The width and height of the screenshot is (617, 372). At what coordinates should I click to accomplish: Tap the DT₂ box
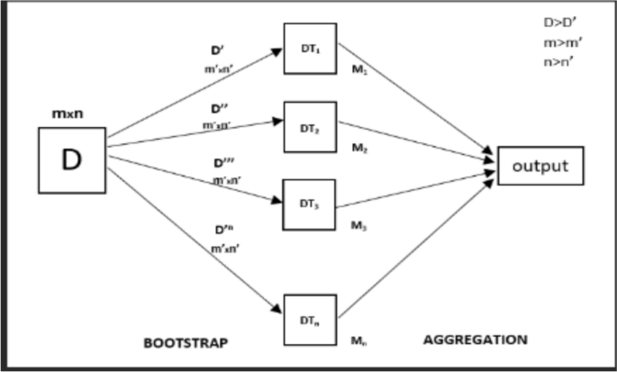309,128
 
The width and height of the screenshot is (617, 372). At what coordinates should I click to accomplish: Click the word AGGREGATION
475,340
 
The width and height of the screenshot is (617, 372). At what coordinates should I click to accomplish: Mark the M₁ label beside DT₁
359,74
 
